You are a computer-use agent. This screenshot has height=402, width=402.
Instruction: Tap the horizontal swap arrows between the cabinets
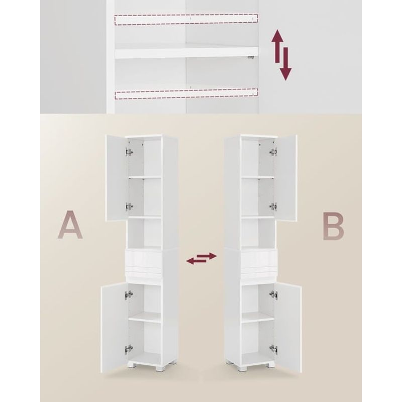(x=201, y=259)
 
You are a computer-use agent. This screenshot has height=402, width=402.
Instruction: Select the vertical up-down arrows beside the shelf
(x=282, y=55)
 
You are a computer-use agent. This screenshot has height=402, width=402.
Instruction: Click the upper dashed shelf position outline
(x=186, y=20)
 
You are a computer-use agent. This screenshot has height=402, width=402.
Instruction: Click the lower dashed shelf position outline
(x=186, y=93)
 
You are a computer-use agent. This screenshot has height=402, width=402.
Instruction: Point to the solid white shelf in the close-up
(x=186, y=51)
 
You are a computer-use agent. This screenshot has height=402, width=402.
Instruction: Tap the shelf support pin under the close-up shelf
(x=250, y=59)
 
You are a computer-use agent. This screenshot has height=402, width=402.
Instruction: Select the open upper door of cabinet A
(x=115, y=178)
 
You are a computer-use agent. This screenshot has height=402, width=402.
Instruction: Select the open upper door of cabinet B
(x=286, y=178)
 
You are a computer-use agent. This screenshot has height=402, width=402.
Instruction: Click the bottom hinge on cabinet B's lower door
(x=273, y=348)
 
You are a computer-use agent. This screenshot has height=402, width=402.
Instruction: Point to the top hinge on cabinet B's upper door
(x=273, y=152)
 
